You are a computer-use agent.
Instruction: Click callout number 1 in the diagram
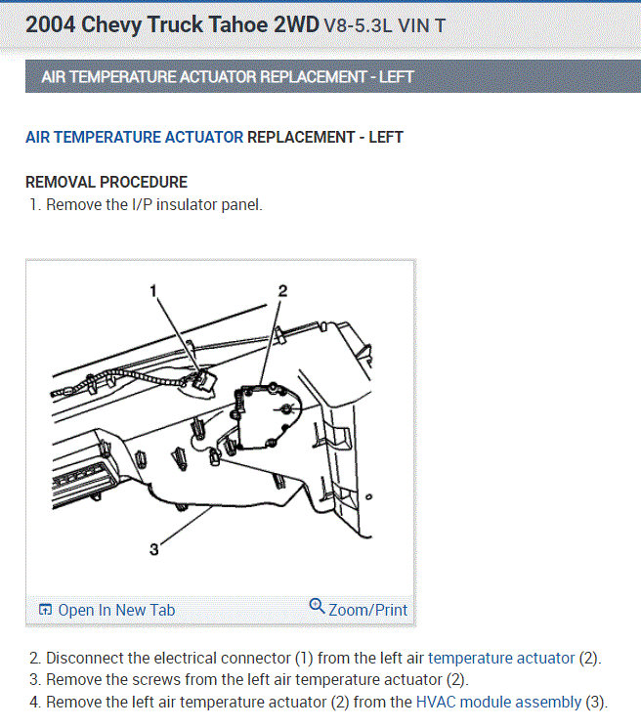(153, 291)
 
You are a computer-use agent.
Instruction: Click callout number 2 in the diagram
(282, 291)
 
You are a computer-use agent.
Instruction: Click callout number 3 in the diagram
(154, 550)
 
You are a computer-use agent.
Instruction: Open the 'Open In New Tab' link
(116, 610)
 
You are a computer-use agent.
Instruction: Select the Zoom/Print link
(367, 610)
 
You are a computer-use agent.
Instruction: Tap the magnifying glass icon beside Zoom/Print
(317, 606)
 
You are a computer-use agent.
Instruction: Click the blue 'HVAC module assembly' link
(498, 702)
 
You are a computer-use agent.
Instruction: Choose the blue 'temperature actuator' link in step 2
(501, 659)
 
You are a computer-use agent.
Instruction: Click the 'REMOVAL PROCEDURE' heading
(107, 182)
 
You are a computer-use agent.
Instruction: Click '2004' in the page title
(50, 24)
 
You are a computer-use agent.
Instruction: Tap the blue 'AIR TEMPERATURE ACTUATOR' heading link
(134, 138)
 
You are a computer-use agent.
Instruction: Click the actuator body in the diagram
(267, 416)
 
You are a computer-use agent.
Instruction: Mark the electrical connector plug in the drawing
(204, 379)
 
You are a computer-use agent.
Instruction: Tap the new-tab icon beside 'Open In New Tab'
(45, 610)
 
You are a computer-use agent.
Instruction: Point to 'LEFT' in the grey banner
(396, 76)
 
